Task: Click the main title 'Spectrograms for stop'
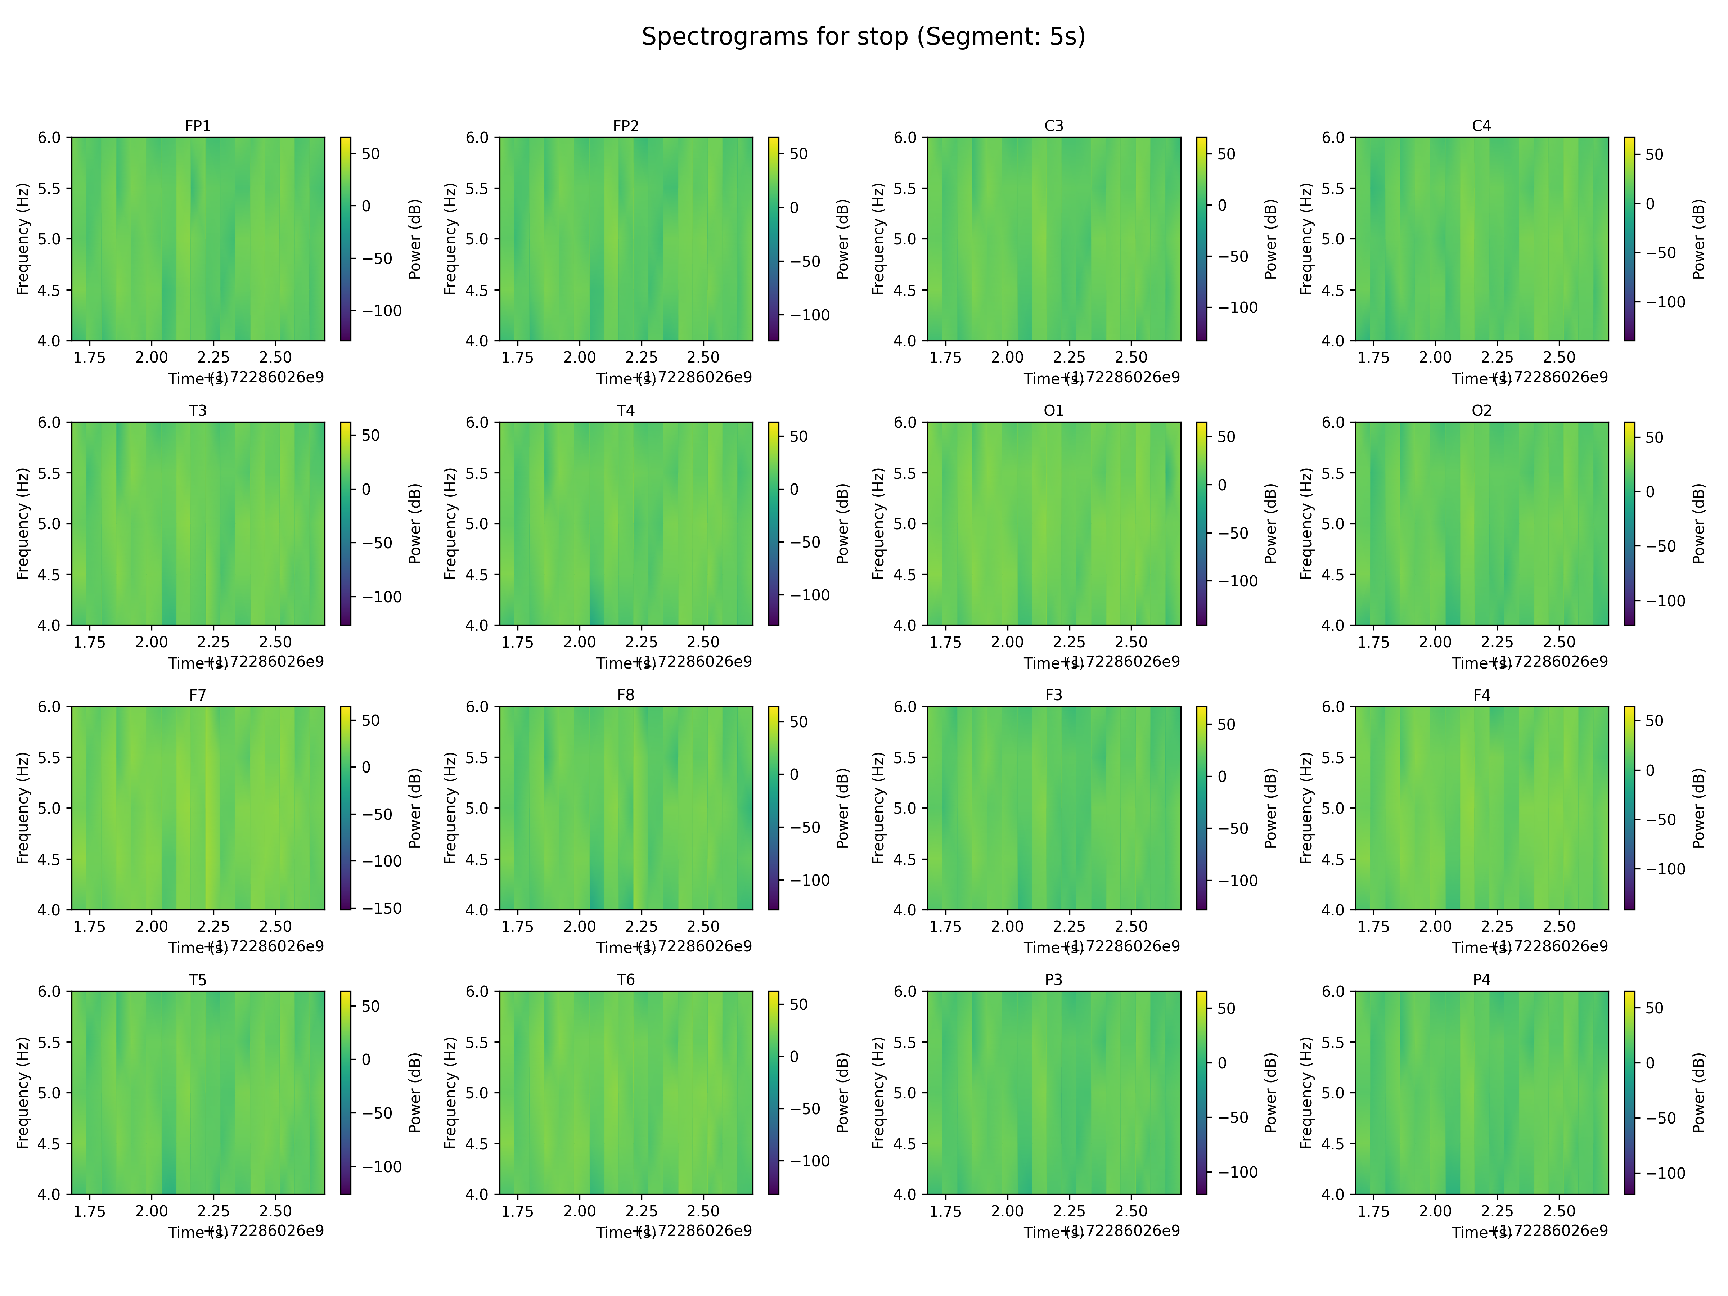coord(863,37)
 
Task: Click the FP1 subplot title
coord(198,126)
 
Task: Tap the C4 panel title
coord(1481,126)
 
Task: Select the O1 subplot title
coord(1053,410)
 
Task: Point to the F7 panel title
coord(198,694)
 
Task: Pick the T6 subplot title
coord(626,980)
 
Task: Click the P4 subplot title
coord(1481,980)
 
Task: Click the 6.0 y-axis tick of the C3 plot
coord(905,138)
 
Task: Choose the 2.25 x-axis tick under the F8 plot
coord(642,927)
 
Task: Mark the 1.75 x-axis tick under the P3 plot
coord(945,1211)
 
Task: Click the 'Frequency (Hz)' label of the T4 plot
coord(450,523)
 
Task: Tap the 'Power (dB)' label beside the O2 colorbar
coord(1698,523)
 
